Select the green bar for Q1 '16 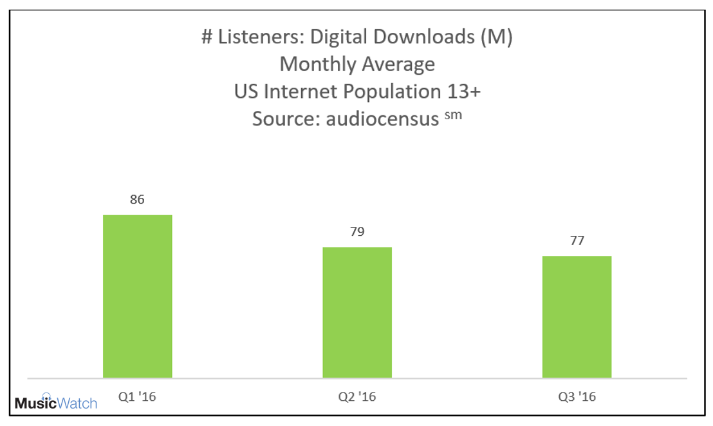(137, 296)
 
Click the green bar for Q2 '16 (357, 312)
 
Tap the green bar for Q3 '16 (577, 316)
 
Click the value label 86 (137, 200)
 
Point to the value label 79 (357, 232)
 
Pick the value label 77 (577, 241)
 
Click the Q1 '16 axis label (137, 397)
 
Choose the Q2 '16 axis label (357, 397)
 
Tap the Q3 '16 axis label (577, 397)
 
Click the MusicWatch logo (56, 404)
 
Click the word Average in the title (402, 64)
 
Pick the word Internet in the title (297, 92)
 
